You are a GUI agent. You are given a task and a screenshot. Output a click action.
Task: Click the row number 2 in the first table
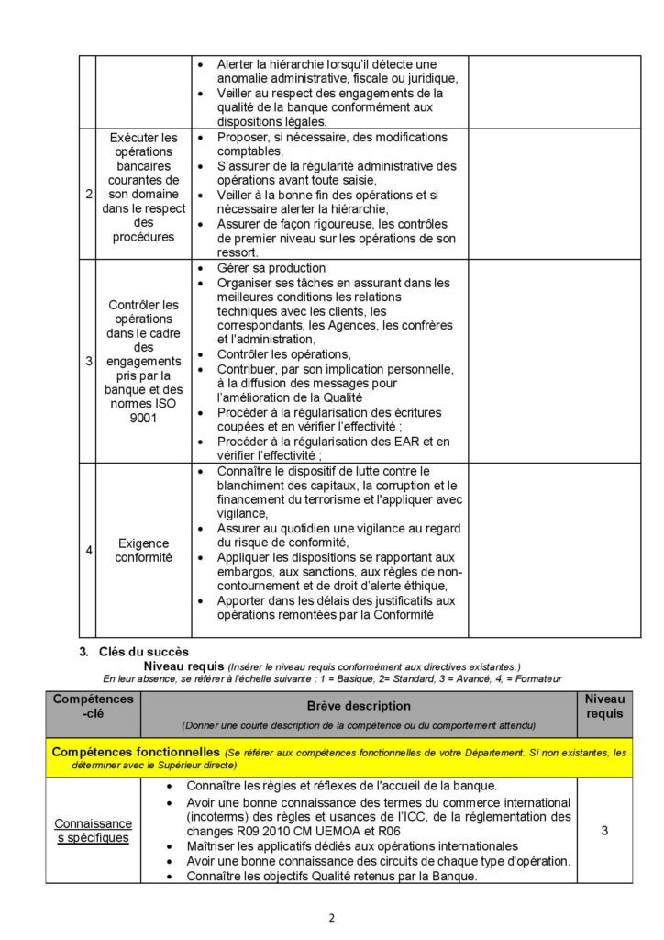tap(88, 195)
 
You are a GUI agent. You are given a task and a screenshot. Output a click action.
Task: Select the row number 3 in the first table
tap(88, 361)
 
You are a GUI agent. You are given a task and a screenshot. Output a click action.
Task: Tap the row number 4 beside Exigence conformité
tap(88, 551)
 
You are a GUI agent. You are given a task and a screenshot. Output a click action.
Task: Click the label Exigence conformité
tap(142, 550)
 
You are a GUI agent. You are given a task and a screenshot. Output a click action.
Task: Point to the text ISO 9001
tap(142, 410)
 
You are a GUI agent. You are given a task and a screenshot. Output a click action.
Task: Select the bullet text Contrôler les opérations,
tap(283, 353)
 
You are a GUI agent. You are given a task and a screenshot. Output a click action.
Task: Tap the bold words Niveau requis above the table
tap(183, 666)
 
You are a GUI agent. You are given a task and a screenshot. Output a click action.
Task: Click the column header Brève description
tap(359, 706)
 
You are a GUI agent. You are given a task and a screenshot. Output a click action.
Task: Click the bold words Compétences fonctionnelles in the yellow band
tap(135, 752)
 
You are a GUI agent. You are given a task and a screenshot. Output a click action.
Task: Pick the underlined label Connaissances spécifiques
tap(93, 831)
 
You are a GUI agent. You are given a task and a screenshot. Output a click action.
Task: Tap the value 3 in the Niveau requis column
tap(604, 831)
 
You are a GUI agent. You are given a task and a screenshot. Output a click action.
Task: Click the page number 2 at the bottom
tap(332, 917)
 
